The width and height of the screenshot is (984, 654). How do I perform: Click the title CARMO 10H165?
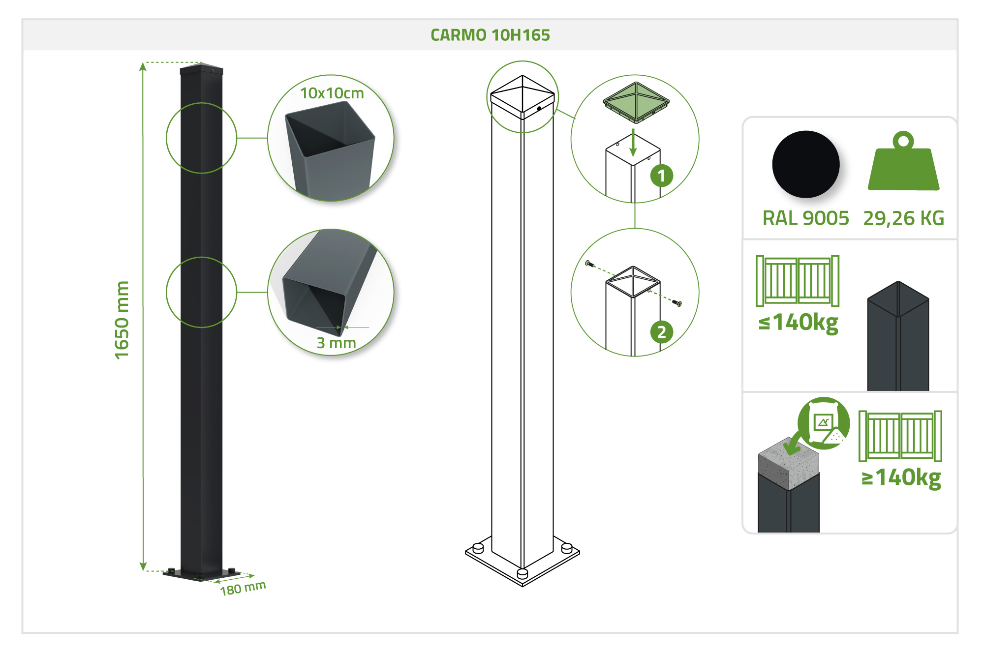pyautogui.click(x=490, y=35)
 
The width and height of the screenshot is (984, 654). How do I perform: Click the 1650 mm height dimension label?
pyautogui.click(x=122, y=320)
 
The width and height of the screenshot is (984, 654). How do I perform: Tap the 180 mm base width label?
pyautogui.click(x=243, y=588)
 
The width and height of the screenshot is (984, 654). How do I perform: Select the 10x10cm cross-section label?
pyautogui.click(x=332, y=93)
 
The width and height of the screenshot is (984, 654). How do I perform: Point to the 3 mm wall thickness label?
pyautogui.click(x=336, y=342)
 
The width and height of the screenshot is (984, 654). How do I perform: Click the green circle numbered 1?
pyautogui.click(x=662, y=176)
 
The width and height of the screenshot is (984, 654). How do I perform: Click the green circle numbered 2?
pyautogui.click(x=662, y=332)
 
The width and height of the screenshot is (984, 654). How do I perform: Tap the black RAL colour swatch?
pyautogui.click(x=806, y=164)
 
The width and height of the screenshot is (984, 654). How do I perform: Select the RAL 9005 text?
pyautogui.click(x=806, y=218)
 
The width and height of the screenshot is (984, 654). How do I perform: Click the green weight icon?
pyautogui.click(x=903, y=161)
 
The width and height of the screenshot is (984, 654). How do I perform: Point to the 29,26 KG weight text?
pyautogui.click(x=904, y=218)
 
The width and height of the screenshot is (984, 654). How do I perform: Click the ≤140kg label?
pyautogui.click(x=799, y=323)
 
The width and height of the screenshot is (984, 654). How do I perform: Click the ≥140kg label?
pyautogui.click(x=901, y=477)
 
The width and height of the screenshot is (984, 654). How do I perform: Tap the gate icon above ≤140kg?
pyautogui.click(x=798, y=281)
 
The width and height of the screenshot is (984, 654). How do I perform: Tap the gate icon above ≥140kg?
pyautogui.click(x=900, y=436)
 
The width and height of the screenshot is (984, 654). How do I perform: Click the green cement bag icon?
pyautogui.click(x=824, y=423)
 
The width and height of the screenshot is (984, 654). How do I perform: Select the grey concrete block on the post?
pyautogui.click(x=789, y=464)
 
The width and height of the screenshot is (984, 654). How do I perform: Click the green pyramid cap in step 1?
pyautogui.click(x=636, y=102)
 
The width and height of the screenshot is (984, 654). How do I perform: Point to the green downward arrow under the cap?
pyautogui.click(x=633, y=143)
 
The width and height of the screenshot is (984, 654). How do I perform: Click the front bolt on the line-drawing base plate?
pyautogui.click(x=523, y=573)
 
